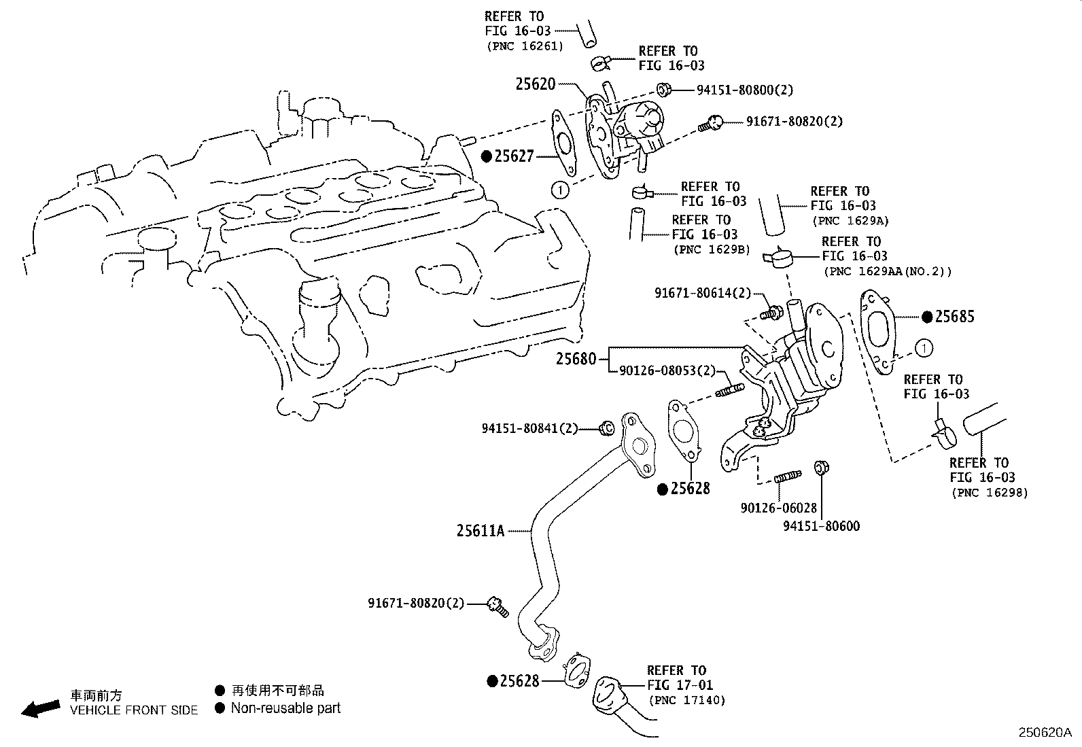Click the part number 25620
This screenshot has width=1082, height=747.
535,84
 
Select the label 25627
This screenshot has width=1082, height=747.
514,156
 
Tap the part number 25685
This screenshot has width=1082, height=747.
954,316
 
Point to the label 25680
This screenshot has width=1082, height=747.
576,358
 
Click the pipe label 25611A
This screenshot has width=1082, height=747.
481,531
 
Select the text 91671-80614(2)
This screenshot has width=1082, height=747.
703,293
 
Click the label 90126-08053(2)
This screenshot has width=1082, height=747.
667,370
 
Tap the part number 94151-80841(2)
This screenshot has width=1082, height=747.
530,428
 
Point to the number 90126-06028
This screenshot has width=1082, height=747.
778,508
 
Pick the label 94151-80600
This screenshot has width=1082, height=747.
821,526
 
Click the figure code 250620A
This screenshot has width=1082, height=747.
1044,733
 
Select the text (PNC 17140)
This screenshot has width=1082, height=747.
687,700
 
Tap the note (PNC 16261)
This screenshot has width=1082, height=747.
524,46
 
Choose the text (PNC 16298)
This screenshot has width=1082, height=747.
989,492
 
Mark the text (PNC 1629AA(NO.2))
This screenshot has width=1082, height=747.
887,271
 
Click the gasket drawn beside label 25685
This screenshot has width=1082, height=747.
879,332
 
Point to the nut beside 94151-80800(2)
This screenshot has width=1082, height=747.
665,89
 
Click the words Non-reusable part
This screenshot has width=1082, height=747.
285,708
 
